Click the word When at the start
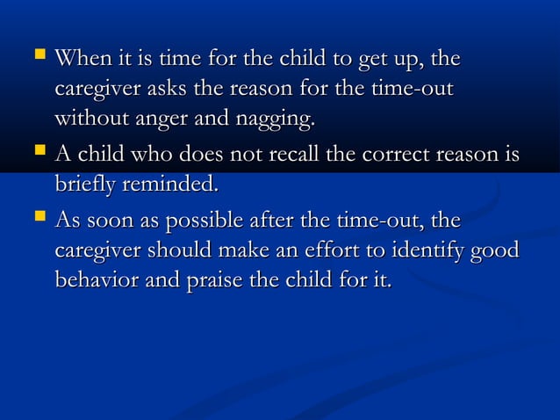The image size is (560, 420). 78,60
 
